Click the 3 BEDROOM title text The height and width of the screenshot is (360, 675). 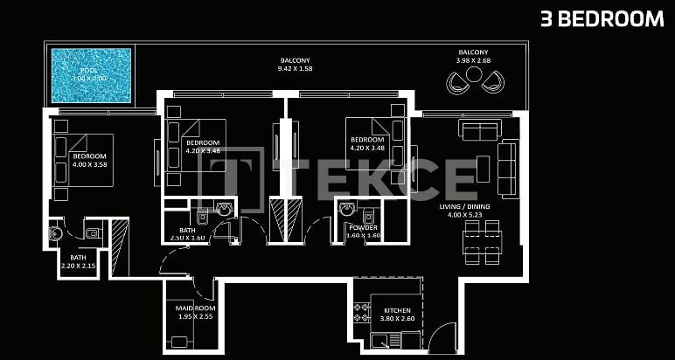pos(602,19)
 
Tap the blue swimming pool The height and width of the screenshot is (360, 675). pos(91,76)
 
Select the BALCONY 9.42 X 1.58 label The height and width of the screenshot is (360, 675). pos(295,64)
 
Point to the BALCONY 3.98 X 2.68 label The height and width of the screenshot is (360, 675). pos(473,57)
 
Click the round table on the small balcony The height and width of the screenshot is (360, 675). pos(473,76)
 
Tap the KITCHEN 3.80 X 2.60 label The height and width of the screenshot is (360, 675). pos(397,315)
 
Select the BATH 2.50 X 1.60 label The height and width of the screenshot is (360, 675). pos(187,234)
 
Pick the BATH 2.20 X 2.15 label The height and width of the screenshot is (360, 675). pos(79,261)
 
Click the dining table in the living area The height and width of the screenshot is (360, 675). pos(482,242)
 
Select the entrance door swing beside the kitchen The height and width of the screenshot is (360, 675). pos(443,336)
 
